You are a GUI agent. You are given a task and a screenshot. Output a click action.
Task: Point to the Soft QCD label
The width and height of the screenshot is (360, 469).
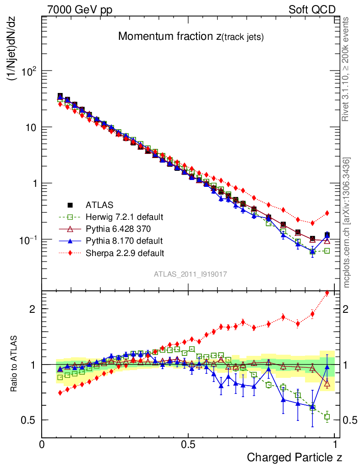pos(312,10)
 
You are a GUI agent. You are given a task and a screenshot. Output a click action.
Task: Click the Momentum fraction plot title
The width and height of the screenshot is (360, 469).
pos(191,37)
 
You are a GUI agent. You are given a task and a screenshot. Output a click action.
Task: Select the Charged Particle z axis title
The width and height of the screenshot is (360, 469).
pos(295,457)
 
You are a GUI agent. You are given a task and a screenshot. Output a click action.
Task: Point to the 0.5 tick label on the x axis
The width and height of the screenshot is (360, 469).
pos(188,445)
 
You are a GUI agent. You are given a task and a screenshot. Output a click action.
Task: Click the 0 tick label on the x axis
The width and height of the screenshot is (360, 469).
pos(42,445)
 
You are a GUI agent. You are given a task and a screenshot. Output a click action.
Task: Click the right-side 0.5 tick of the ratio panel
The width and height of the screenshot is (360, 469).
pos(350,420)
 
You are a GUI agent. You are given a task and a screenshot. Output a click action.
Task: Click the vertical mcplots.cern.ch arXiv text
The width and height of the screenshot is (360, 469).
pos(347,223)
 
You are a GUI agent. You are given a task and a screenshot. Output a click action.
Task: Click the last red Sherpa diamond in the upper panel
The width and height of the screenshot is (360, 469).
pos(327,213)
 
